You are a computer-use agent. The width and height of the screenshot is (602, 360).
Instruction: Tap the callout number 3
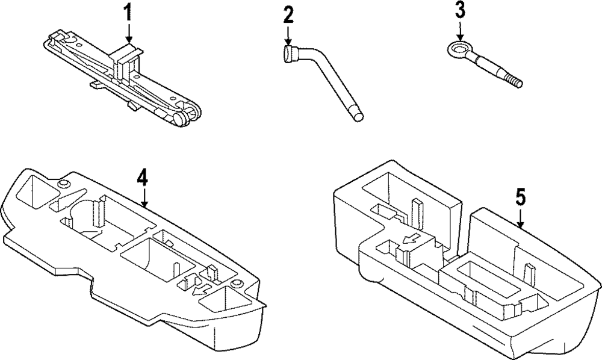(461, 11)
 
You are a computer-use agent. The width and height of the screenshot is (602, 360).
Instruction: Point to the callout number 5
(521, 197)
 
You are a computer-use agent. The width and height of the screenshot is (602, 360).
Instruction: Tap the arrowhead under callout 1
(127, 40)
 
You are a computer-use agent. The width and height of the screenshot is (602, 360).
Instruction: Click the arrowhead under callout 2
(288, 41)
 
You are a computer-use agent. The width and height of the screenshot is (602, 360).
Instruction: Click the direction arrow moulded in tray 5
(411, 240)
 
